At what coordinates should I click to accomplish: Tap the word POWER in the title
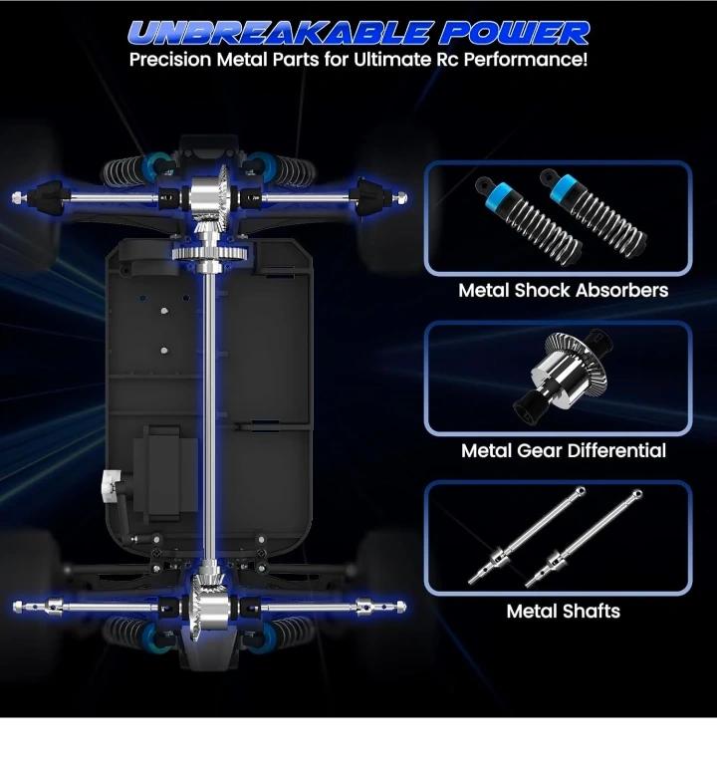tap(514, 33)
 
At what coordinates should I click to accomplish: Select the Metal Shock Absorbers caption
tap(563, 290)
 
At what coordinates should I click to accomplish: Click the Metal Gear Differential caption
tap(564, 451)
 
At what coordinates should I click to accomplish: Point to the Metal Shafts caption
tap(563, 612)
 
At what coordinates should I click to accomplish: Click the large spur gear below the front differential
tap(210, 253)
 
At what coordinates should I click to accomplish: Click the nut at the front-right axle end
tap(401, 197)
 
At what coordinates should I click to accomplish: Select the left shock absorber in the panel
tap(528, 220)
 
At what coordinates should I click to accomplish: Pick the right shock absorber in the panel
tap(594, 213)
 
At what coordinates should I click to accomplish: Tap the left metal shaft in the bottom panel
tap(526, 536)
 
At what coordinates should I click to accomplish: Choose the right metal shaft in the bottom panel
tap(584, 538)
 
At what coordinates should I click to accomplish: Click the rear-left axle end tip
tap(14, 608)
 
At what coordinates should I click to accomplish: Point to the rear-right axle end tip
tap(404, 607)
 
